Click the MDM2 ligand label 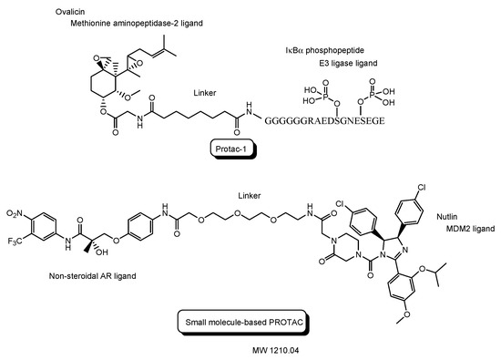click(468, 225)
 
